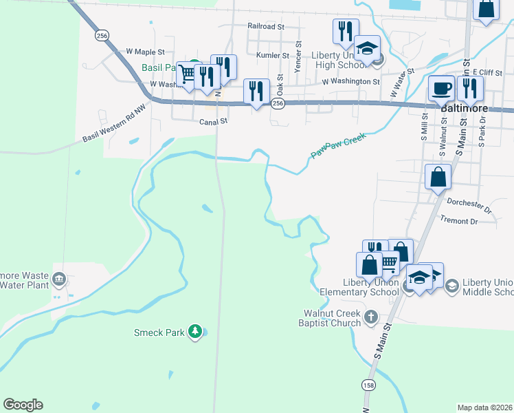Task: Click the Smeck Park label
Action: (159, 332)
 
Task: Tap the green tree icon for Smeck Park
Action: (196, 332)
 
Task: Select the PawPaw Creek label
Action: (338, 146)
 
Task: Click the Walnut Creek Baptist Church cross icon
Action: (371, 317)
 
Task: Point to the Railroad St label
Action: (266, 26)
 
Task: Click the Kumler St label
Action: (272, 55)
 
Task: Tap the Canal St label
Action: (213, 121)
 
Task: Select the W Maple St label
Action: (146, 52)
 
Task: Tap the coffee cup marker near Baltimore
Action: (441, 89)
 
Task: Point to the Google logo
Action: (23, 405)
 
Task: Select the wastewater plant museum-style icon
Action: (59, 279)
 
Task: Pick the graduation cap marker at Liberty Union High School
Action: (368, 48)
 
